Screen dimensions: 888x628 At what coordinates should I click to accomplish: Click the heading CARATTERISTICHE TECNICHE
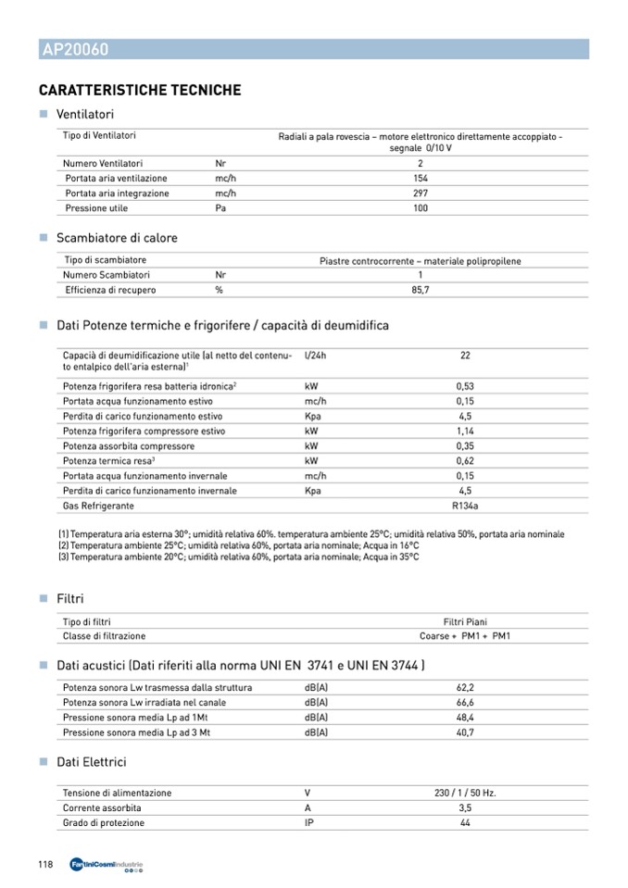(x=140, y=91)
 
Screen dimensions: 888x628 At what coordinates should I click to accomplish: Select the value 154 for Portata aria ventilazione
(x=421, y=178)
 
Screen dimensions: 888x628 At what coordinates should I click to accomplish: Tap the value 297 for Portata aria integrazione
(x=421, y=194)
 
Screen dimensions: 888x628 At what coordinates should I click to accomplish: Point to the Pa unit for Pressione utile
(x=220, y=208)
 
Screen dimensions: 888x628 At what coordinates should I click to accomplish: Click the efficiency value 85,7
(x=421, y=290)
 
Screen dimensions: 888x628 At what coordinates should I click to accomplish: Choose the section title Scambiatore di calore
(x=117, y=238)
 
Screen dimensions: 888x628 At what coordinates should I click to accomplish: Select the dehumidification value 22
(x=465, y=355)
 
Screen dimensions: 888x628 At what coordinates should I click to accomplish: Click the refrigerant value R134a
(x=465, y=506)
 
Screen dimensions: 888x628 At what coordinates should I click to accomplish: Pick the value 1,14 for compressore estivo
(x=465, y=431)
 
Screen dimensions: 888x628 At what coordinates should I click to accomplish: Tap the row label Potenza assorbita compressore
(x=129, y=446)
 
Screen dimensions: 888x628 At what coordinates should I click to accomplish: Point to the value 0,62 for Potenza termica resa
(x=465, y=461)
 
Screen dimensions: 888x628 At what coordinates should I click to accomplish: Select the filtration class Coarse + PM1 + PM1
(x=465, y=636)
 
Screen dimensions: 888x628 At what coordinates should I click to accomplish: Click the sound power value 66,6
(x=465, y=703)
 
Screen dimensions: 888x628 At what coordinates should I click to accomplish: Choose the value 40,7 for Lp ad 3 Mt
(x=465, y=732)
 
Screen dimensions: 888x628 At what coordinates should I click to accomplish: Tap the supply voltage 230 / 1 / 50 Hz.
(x=465, y=793)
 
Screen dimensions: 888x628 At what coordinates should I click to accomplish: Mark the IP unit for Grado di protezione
(x=308, y=822)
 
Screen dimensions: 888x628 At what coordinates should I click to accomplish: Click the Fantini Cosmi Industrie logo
(x=107, y=865)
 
